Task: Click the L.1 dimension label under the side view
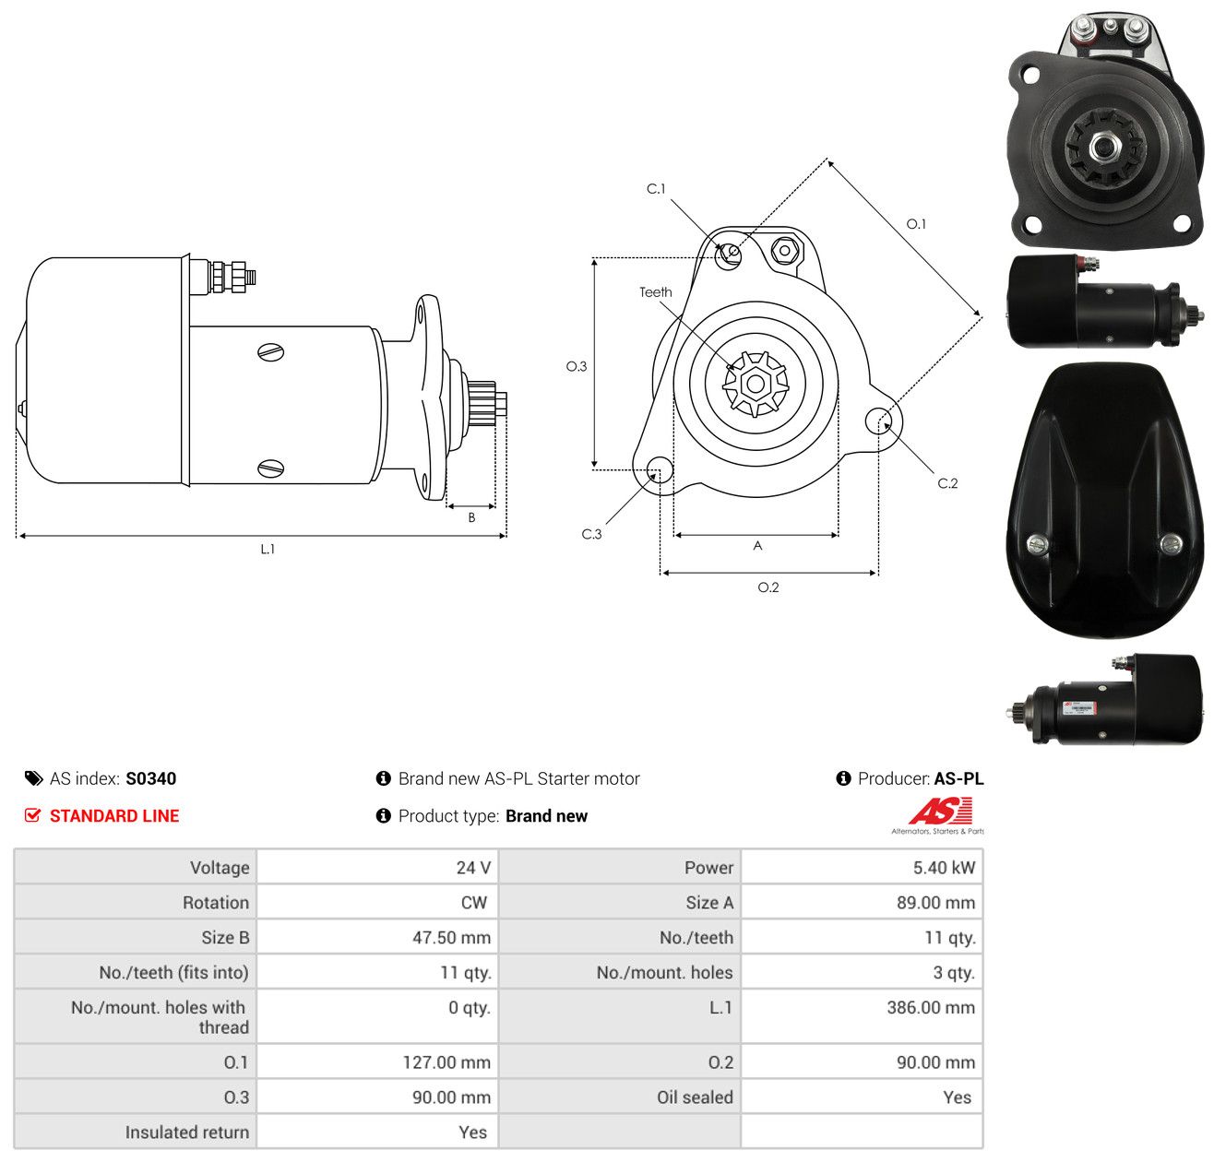click(x=267, y=549)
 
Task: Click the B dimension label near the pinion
click(x=471, y=517)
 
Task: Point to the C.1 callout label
click(x=656, y=188)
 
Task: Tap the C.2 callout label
click(x=947, y=482)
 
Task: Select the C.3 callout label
click(x=591, y=534)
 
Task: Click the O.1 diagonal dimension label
click(x=916, y=223)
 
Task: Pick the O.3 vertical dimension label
click(x=577, y=366)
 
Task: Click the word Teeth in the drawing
click(x=656, y=292)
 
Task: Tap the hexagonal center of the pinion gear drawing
click(x=756, y=384)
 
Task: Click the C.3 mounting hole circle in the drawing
click(x=660, y=469)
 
